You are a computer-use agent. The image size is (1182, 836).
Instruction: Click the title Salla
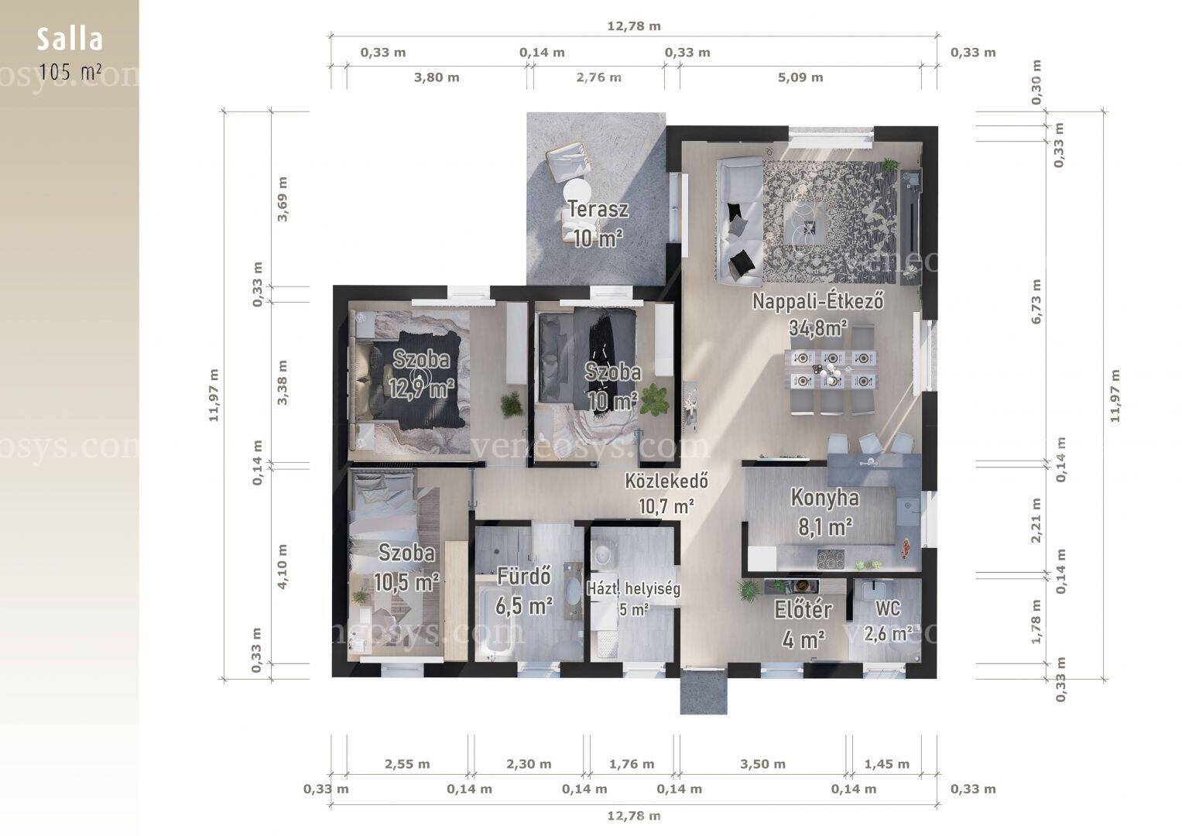click(x=69, y=39)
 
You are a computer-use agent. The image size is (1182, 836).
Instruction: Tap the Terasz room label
click(x=598, y=209)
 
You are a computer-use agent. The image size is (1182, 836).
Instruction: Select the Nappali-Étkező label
click(x=817, y=301)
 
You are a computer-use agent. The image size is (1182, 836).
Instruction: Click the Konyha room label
click(x=824, y=498)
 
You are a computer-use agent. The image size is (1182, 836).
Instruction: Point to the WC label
click(x=888, y=608)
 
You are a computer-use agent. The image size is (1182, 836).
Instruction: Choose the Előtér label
click(x=803, y=610)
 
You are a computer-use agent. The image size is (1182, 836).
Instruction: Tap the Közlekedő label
click(x=666, y=480)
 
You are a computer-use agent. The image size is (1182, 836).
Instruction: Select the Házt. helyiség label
click(x=634, y=588)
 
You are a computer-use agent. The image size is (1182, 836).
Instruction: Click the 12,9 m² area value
click(x=422, y=389)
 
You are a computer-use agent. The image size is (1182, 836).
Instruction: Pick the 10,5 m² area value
click(x=406, y=582)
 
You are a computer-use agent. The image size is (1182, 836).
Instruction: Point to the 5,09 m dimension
click(x=800, y=77)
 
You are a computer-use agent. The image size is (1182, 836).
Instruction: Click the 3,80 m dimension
click(x=437, y=77)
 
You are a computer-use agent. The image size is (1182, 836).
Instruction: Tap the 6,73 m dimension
click(x=1036, y=301)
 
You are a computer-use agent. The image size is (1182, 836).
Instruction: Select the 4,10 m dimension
click(x=283, y=567)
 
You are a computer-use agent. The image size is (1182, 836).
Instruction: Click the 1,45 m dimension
click(x=887, y=764)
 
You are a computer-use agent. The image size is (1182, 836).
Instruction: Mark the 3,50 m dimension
click(x=762, y=764)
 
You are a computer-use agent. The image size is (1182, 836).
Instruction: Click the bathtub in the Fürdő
click(x=494, y=620)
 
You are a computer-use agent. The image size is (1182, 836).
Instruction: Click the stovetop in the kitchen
click(x=831, y=559)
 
